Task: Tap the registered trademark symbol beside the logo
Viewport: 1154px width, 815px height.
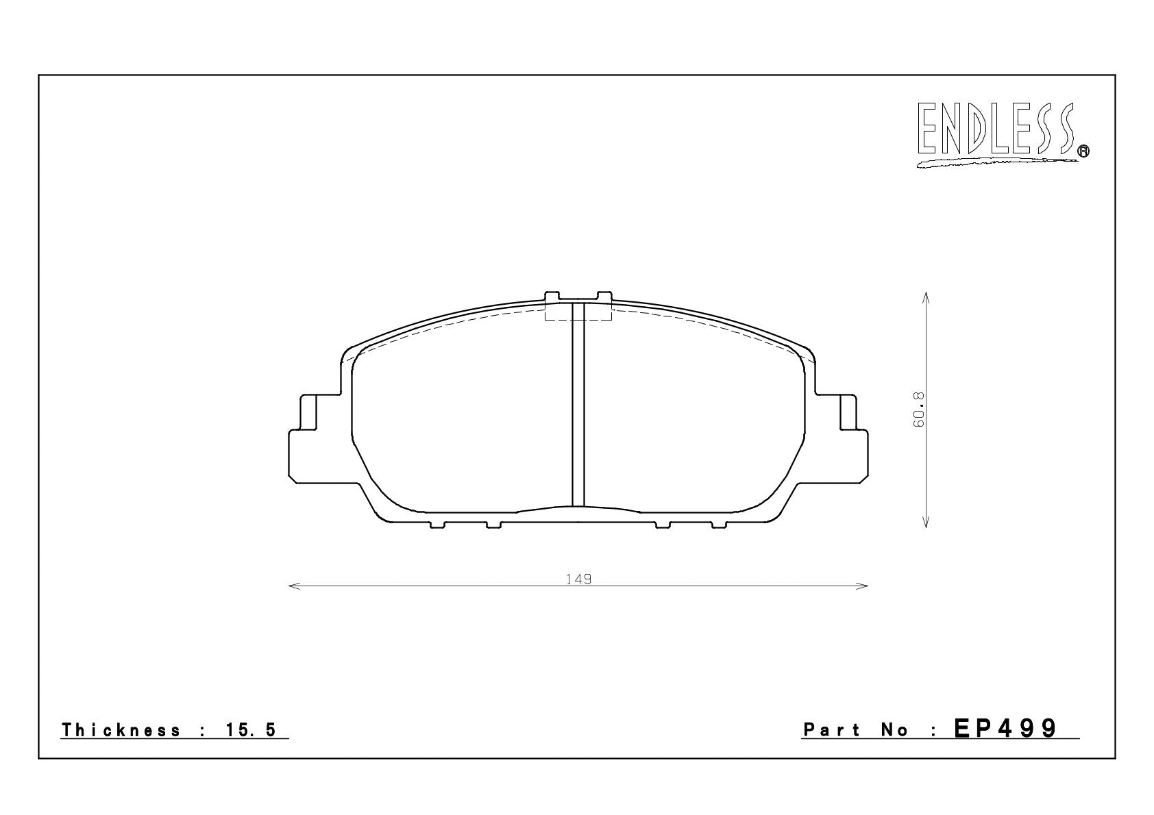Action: (x=1084, y=151)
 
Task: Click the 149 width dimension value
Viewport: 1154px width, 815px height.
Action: (x=578, y=579)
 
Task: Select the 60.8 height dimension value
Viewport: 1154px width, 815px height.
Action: (x=918, y=410)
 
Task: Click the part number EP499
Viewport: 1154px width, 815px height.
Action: (x=1005, y=729)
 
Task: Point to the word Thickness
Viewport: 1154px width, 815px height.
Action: (x=121, y=730)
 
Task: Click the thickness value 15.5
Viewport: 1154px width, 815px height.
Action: (x=251, y=730)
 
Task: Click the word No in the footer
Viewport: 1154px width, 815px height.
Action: (x=895, y=730)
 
